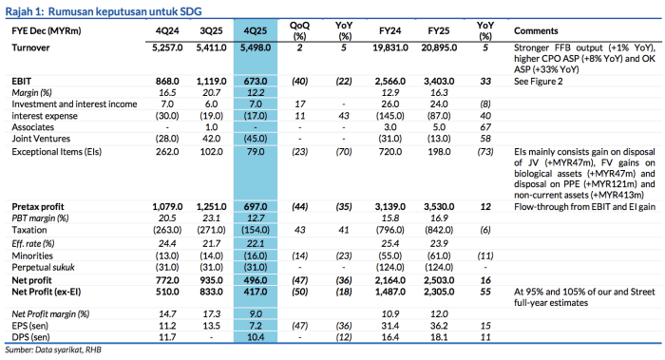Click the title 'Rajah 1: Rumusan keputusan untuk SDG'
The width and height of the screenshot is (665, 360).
point(104,11)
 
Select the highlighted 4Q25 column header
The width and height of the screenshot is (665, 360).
point(256,31)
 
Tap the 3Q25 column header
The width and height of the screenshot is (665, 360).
point(211,31)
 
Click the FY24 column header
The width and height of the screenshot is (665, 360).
point(390,31)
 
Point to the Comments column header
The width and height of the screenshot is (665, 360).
point(536,31)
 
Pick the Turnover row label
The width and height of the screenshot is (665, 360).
point(30,47)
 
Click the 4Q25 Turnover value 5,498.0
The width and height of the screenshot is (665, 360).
point(256,47)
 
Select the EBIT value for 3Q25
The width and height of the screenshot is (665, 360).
point(211,81)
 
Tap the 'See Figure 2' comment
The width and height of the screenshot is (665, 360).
point(539,81)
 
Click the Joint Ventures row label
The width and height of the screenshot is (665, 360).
point(41,139)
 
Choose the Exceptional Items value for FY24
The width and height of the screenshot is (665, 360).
point(390,152)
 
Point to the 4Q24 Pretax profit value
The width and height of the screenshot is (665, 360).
point(167,206)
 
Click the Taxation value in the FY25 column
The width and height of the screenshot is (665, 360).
point(439,230)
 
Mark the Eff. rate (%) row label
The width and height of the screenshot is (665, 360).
point(33,243)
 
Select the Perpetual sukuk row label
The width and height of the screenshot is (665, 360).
point(44,267)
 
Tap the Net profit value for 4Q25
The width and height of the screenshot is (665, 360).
point(256,280)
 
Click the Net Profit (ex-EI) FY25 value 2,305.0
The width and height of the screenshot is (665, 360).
point(439,292)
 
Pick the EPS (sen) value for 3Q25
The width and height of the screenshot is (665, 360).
point(211,326)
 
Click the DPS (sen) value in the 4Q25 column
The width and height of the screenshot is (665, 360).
point(256,337)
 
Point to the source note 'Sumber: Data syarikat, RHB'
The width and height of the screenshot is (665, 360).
point(53,350)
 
